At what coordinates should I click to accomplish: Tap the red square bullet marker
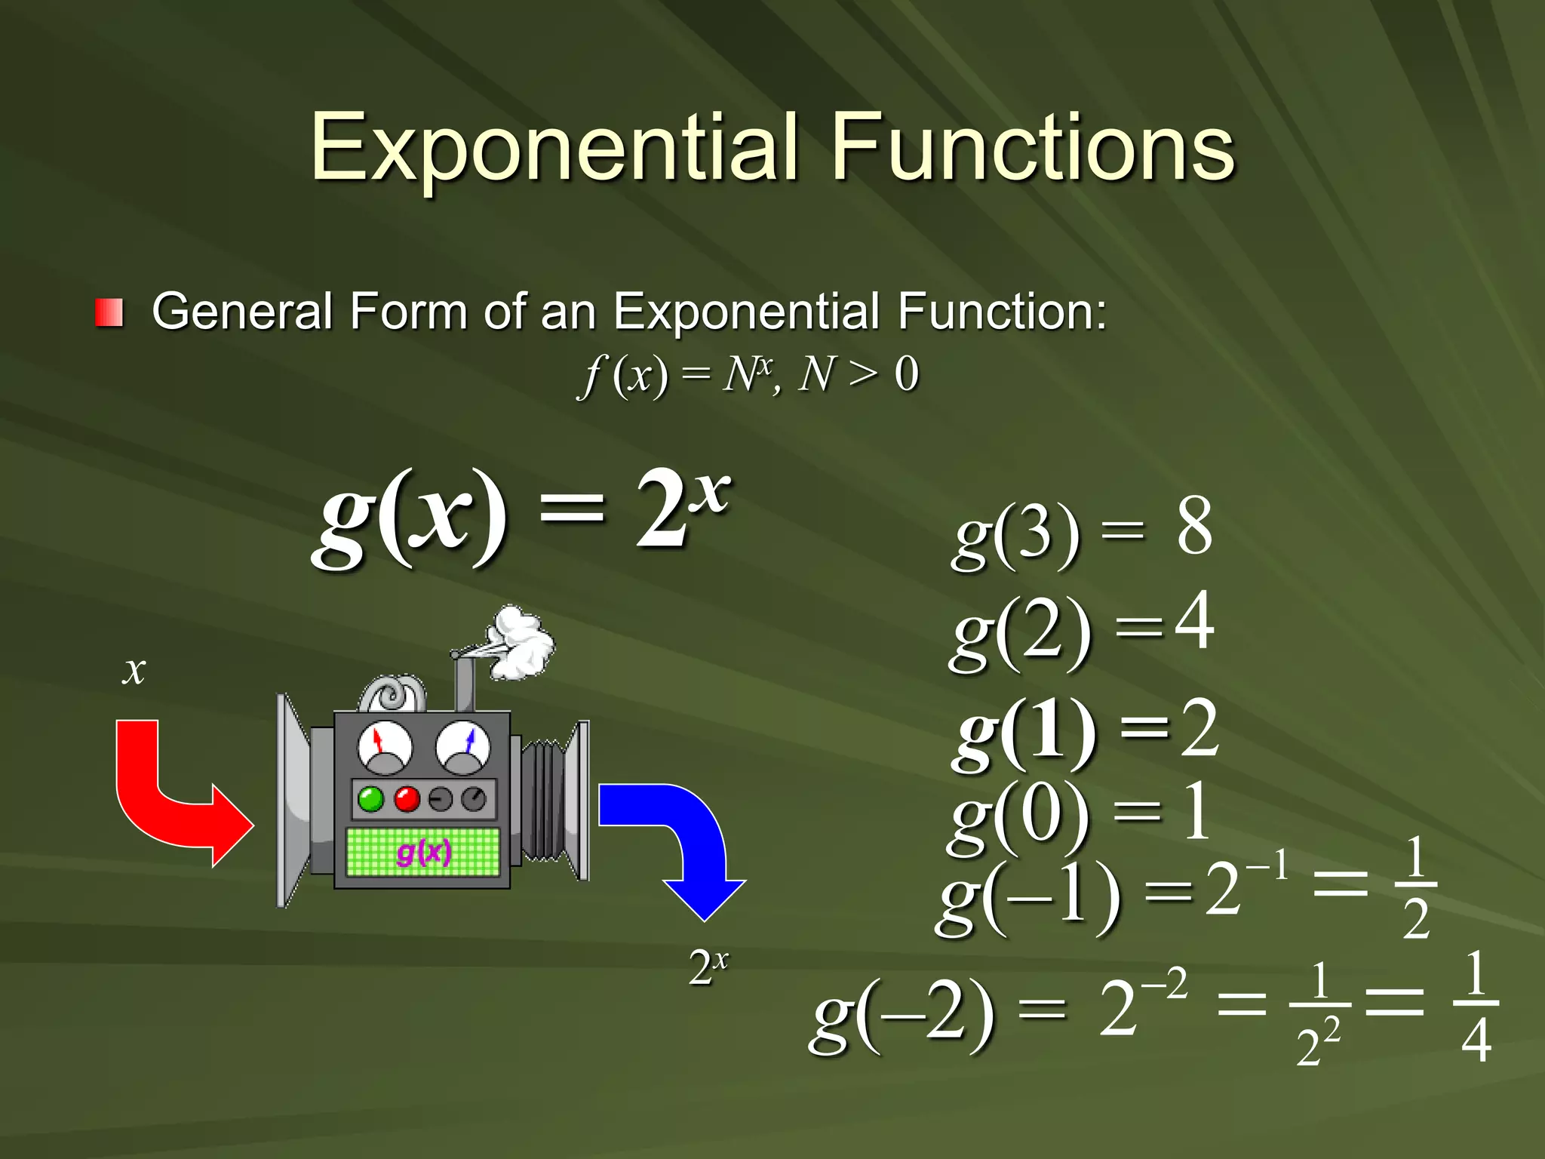(x=109, y=312)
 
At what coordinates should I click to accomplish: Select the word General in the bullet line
(x=242, y=311)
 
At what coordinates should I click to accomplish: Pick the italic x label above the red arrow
(x=134, y=670)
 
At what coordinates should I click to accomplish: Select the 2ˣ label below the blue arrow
(x=708, y=967)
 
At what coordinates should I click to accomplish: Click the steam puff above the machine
(x=521, y=641)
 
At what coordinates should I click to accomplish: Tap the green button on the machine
(x=370, y=799)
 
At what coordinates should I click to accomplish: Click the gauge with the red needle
(x=385, y=746)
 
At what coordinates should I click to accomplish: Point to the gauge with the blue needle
(x=463, y=746)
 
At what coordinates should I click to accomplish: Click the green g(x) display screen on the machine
(x=422, y=852)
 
